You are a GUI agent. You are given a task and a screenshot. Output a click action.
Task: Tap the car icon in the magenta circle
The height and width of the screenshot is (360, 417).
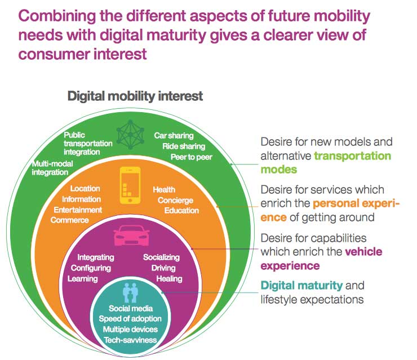pyautogui.click(x=131, y=237)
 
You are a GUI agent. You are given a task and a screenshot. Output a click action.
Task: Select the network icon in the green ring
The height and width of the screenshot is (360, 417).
pyautogui.click(x=131, y=134)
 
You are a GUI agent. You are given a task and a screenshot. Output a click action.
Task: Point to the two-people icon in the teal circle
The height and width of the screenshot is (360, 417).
pyautogui.click(x=131, y=293)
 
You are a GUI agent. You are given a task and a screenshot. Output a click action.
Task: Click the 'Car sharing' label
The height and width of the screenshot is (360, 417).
pyautogui.click(x=174, y=136)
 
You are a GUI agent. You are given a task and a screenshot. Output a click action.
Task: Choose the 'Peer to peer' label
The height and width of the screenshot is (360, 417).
pyautogui.click(x=192, y=157)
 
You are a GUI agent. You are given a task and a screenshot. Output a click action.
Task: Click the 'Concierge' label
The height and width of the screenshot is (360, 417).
pyautogui.click(x=175, y=201)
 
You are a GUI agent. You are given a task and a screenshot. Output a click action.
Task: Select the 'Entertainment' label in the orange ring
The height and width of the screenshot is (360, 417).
pyautogui.click(x=78, y=210)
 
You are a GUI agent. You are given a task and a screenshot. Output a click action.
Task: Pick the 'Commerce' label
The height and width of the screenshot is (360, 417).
pyautogui.click(x=69, y=220)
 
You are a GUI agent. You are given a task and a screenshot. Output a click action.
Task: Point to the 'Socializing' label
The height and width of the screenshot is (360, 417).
pyautogui.click(x=161, y=257)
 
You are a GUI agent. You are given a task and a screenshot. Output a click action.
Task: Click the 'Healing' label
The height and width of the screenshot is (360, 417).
pyautogui.click(x=169, y=279)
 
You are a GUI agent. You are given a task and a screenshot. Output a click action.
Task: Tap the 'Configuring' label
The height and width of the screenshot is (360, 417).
pyautogui.click(x=91, y=268)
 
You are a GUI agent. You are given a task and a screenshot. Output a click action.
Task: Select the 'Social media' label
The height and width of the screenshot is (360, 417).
pyautogui.click(x=131, y=309)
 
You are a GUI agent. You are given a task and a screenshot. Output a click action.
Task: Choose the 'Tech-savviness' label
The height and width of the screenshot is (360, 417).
pyautogui.click(x=131, y=340)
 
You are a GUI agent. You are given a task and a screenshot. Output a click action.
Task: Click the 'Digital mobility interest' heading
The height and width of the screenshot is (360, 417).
pyautogui.click(x=135, y=96)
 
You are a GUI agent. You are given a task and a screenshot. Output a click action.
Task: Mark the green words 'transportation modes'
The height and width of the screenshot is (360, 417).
pyautogui.click(x=325, y=162)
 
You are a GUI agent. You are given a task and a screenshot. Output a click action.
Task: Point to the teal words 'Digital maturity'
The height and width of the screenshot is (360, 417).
pyautogui.click(x=301, y=286)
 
